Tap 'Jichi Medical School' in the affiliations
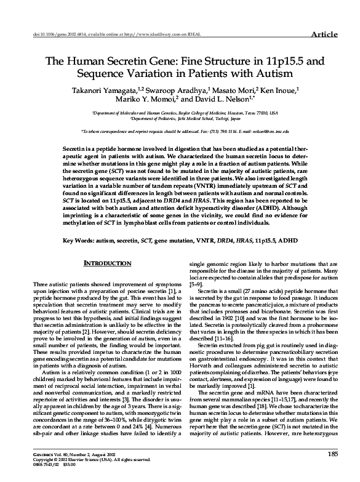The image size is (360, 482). (199, 119)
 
